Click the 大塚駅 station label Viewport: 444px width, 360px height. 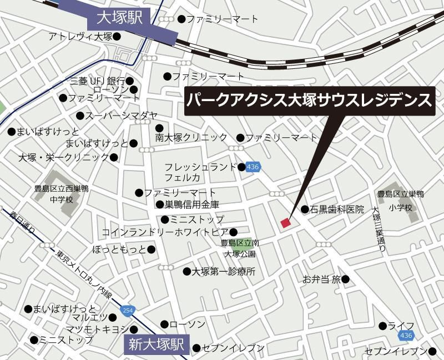(x=120, y=18)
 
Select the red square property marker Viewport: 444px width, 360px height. (x=286, y=223)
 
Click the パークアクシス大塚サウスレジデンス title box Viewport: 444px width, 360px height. (x=309, y=101)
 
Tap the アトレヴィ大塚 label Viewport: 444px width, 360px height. (x=80, y=37)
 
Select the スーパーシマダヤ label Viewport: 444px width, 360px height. (x=117, y=116)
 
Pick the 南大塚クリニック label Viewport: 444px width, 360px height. (x=191, y=137)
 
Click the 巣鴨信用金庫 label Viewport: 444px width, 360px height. (x=192, y=204)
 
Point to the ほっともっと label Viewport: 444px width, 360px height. (x=120, y=249)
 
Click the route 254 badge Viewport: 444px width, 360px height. (x=128, y=309)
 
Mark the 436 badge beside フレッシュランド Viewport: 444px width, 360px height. (x=253, y=167)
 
